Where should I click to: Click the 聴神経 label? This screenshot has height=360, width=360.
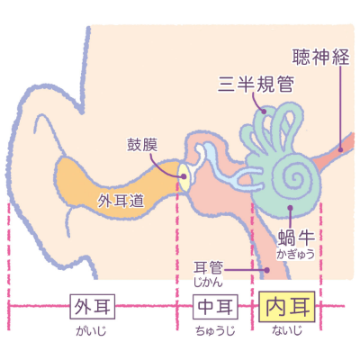321,57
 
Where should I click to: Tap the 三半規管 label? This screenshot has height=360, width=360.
256,84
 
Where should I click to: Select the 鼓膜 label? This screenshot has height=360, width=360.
142,144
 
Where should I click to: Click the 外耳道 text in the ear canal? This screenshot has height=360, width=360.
121,201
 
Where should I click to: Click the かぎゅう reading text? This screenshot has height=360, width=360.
295,254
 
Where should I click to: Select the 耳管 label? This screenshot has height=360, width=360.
208,268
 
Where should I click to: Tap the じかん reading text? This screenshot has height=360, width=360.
208,283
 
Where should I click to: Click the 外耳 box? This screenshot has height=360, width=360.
93,306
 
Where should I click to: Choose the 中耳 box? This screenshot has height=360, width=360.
215,307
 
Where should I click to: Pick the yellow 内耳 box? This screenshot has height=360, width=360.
287,306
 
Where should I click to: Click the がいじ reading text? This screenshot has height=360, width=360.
91,331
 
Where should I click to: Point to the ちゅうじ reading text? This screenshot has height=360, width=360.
215,331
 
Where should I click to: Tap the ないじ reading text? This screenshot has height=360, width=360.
287,330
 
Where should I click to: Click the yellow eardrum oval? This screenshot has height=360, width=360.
184,176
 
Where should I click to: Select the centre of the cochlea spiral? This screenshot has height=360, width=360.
296,176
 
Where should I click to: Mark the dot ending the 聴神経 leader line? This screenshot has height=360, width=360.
340,149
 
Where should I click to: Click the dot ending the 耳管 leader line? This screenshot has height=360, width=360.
266,270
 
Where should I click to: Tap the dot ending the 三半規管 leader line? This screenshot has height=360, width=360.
264,112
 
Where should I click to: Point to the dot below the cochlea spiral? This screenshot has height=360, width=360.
290,207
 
